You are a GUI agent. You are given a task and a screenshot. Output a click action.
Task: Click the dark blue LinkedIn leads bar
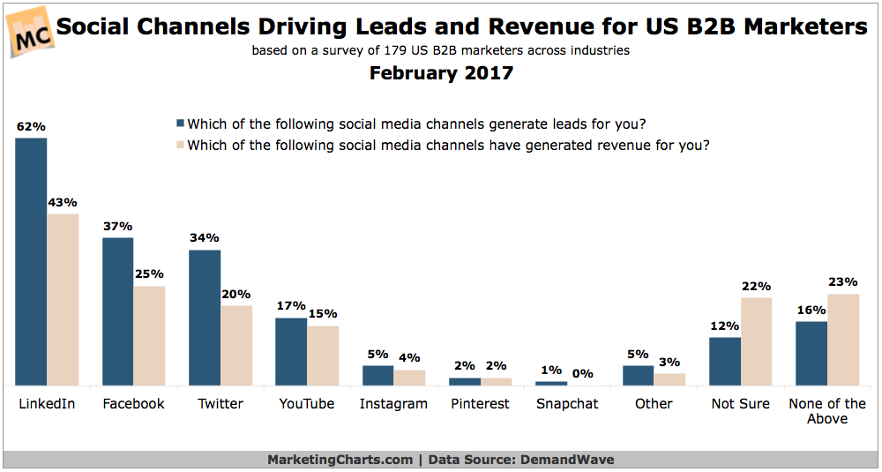point(32,262)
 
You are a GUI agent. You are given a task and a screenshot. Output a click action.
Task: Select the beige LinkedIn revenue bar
point(64,300)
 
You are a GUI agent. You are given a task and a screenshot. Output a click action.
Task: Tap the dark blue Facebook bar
point(118,311)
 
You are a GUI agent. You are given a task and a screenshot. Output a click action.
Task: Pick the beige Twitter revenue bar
point(236,346)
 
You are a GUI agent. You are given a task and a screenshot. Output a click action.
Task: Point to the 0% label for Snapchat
point(582,373)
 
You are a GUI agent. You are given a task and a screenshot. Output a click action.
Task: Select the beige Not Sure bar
point(757,341)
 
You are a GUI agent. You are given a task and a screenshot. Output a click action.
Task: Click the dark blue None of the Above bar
point(811,354)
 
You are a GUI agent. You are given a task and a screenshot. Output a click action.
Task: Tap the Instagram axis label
point(393,404)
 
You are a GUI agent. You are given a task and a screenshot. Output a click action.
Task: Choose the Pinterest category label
point(480,404)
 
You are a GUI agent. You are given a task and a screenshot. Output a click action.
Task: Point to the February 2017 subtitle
point(441,73)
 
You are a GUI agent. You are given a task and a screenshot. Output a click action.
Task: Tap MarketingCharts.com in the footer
point(340,460)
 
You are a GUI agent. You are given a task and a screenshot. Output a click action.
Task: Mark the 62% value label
point(31,126)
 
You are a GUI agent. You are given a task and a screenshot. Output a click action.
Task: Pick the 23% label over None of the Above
point(843,282)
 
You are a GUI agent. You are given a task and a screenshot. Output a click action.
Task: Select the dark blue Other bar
point(638,376)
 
